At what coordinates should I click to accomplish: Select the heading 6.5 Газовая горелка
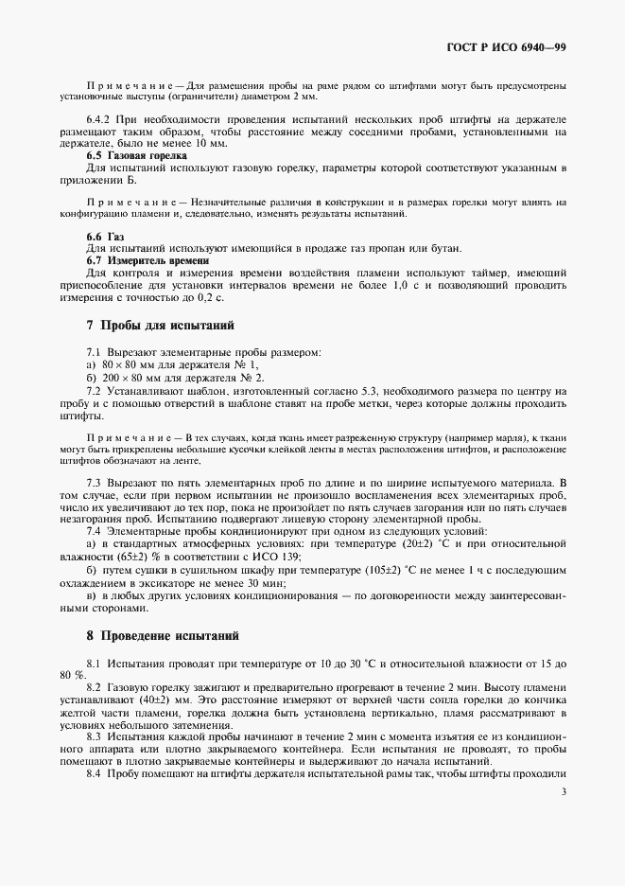136,154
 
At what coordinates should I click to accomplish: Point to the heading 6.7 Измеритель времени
147,259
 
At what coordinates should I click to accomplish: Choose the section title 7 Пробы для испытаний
160,325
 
